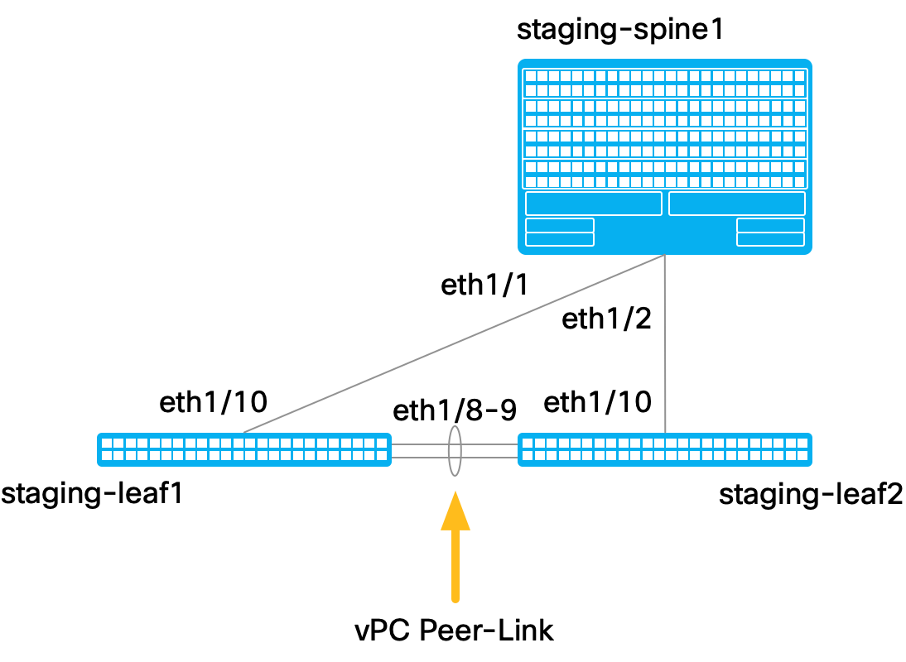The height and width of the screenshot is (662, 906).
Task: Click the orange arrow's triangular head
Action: (x=455, y=513)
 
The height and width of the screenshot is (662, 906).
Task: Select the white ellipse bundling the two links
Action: (x=455, y=451)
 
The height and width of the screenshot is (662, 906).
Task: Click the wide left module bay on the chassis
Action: (x=594, y=204)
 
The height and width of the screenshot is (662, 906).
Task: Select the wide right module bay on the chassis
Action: (x=737, y=204)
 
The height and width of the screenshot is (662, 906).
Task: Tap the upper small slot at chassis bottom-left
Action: (x=560, y=225)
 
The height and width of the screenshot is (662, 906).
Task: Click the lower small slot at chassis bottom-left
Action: (x=560, y=239)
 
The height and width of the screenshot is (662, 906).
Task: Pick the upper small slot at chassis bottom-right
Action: (x=770, y=225)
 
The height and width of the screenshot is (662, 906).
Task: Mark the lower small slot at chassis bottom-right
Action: (x=770, y=239)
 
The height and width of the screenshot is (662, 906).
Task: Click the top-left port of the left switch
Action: (x=107, y=444)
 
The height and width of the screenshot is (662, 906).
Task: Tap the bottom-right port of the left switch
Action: (x=382, y=456)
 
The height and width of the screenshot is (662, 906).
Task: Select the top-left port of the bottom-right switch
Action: (x=528, y=444)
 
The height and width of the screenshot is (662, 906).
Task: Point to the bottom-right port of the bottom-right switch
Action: (x=802, y=456)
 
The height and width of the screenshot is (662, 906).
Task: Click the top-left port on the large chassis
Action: (x=531, y=76)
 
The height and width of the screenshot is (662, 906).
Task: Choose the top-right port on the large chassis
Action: (x=800, y=76)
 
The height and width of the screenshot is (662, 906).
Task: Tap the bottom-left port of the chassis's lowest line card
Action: (x=531, y=182)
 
